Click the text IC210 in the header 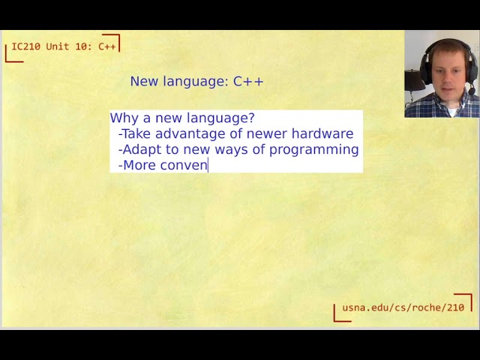pos(26,46)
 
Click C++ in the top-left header pos(107,46)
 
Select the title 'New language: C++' pos(196,81)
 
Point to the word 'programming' pos(313,149)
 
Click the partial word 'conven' pos(184,165)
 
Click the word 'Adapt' pos(140,149)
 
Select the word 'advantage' pos(187,133)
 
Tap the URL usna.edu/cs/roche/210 pos(403,307)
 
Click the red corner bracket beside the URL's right pos(466,299)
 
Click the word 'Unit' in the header pos(58,46)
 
